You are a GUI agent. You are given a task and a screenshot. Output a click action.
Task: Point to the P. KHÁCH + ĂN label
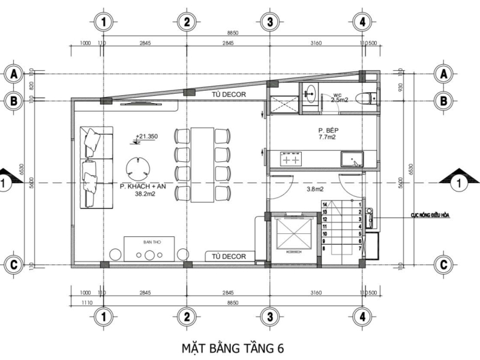(143, 190)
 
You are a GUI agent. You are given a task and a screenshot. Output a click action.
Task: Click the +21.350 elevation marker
(146, 137)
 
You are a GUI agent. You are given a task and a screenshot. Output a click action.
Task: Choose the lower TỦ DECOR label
(227, 256)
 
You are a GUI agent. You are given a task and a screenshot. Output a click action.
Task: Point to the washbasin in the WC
(310, 93)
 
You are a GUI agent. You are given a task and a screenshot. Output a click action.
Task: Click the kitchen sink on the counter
(352, 159)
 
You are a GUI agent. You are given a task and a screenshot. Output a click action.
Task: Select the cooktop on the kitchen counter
(291, 160)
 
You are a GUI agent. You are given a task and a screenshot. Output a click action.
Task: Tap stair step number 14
(325, 205)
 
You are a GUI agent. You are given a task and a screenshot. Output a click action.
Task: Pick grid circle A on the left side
(13, 74)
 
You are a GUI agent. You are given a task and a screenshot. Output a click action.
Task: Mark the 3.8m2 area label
(316, 190)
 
